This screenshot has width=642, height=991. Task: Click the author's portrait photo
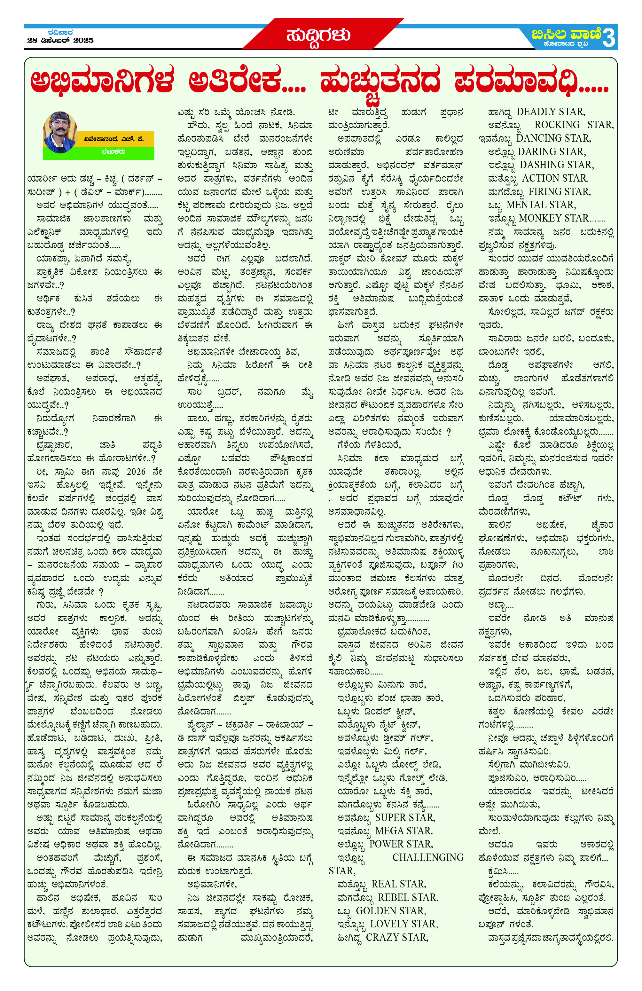pos(60,132)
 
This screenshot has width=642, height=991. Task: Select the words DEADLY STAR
pos(551,112)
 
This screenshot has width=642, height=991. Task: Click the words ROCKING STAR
pos(573,125)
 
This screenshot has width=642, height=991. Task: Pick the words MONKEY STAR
pos(554,218)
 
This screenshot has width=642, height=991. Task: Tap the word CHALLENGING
pos(427,857)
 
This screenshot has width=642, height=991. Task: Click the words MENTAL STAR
pos(541,205)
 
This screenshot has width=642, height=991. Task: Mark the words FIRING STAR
pos(559,191)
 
